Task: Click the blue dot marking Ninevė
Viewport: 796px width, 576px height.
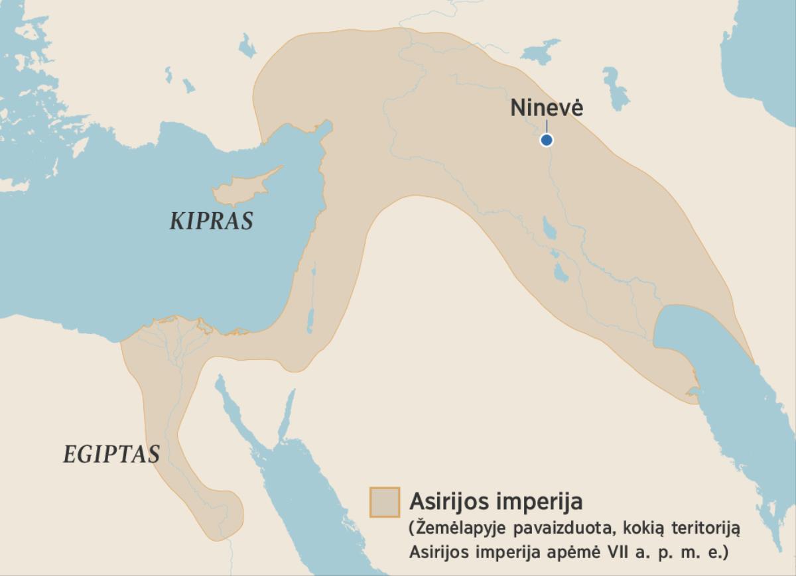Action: [546, 140]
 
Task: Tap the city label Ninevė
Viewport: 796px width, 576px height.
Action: [546, 107]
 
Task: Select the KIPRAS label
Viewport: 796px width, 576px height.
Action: [211, 221]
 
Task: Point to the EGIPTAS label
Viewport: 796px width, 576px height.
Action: [111, 455]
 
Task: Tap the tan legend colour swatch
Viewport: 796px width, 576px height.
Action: [385, 502]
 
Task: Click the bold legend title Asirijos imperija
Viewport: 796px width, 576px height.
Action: [496, 501]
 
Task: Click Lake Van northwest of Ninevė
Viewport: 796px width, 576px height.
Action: [541, 50]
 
